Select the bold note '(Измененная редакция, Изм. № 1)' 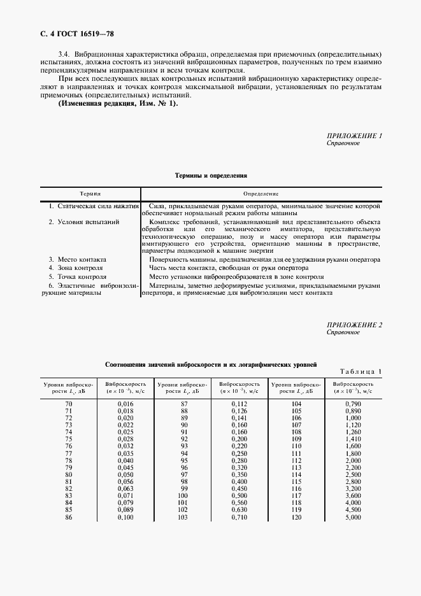click(118, 103)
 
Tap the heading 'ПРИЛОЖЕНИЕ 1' click(354, 136)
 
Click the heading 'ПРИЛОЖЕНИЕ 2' click(354, 325)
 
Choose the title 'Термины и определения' click(211, 174)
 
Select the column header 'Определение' click(261, 192)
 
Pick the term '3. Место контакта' click(78, 260)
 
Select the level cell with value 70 click(69, 404)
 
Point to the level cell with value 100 click(183, 495)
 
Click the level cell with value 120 click(296, 517)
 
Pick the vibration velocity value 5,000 click(353, 517)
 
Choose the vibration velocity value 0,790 click(353, 404)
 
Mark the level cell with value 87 click(183, 404)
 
